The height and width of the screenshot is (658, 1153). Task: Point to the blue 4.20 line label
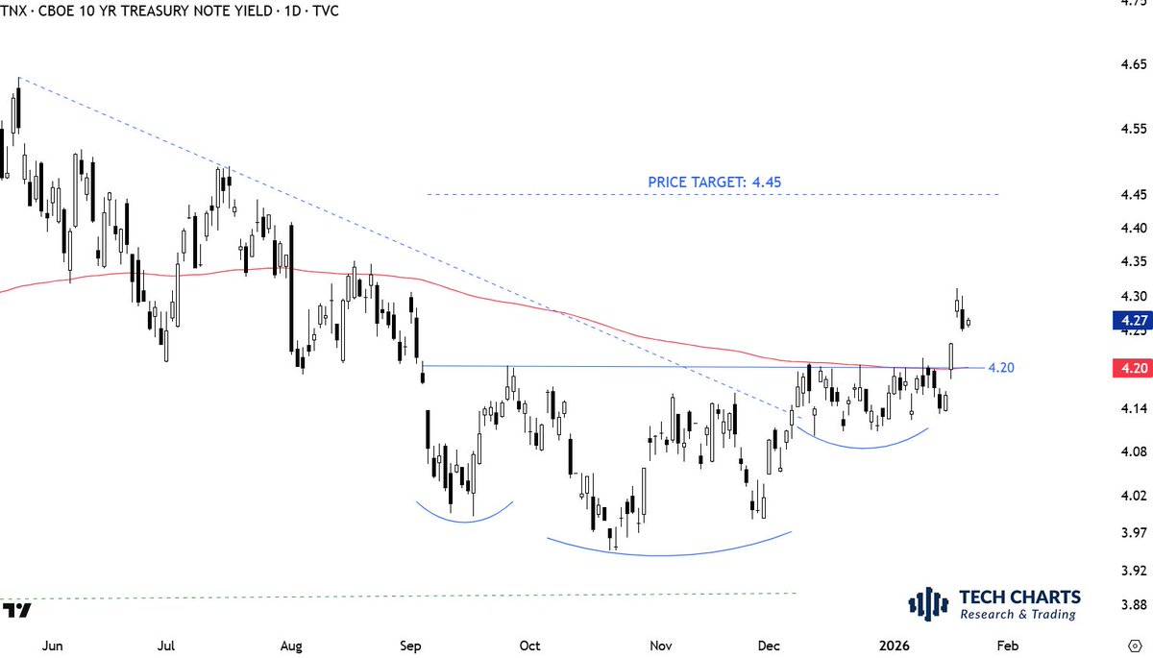(1001, 368)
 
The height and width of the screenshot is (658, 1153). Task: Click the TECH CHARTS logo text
(1020, 597)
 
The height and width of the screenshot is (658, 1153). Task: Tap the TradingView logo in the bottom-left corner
(16, 611)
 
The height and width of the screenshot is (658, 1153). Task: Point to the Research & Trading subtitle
(1018, 615)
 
